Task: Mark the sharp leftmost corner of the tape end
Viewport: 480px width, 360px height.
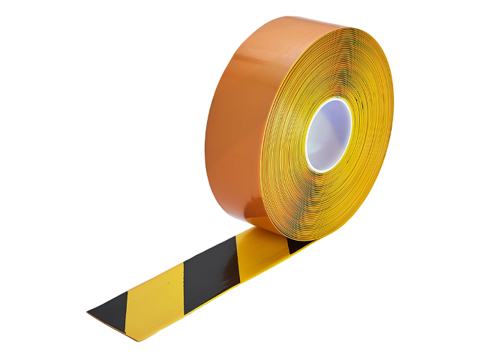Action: click(86, 311)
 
